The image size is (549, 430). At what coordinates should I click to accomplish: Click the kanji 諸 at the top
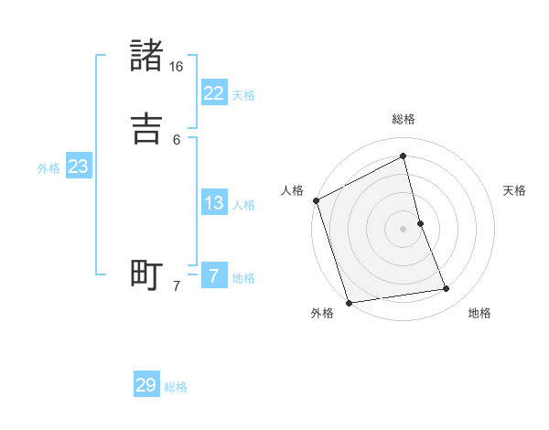click(x=147, y=56)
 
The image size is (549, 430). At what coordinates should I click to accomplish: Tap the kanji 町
click(x=147, y=275)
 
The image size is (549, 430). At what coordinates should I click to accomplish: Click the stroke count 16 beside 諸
click(x=177, y=67)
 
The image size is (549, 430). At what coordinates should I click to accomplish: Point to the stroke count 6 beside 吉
click(x=177, y=140)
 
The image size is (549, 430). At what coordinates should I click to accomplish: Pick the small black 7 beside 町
click(x=177, y=286)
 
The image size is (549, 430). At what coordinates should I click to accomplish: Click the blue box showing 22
click(x=213, y=93)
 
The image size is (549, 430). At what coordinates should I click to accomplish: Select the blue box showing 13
click(x=213, y=203)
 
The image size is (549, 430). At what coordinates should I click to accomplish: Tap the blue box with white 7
click(x=213, y=276)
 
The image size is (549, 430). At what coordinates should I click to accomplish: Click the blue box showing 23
click(x=78, y=167)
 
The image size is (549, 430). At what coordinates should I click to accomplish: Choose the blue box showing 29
click(x=146, y=385)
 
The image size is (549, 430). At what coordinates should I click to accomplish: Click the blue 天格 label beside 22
click(x=243, y=95)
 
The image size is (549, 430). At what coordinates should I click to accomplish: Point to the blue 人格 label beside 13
click(x=243, y=205)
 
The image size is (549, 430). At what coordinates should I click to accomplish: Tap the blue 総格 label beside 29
click(x=176, y=387)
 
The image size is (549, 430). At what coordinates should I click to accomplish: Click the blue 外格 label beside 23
click(x=48, y=168)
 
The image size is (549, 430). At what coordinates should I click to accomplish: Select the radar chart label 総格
click(x=404, y=119)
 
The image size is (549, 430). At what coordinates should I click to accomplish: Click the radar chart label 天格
click(x=515, y=190)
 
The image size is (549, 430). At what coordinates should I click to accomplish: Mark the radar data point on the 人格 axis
click(x=316, y=200)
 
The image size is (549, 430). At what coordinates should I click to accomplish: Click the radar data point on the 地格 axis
click(x=447, y=289)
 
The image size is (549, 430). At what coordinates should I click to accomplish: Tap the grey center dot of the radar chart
click(x=404, y=229)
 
